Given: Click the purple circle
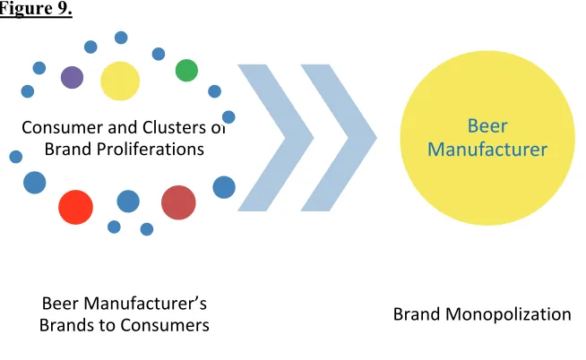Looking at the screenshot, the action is [72, 77].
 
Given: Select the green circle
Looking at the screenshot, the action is [186, 70].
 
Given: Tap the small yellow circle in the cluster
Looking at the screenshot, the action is [120, 81].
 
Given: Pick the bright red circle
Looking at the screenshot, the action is [75, 207].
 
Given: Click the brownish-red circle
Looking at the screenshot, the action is [178, 202].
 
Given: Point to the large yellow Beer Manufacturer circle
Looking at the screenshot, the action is [487, 138].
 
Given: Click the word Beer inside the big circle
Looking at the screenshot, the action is [487, 126].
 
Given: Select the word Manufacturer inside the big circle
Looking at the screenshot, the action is [487, 150].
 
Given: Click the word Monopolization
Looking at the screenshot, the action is [508, 314].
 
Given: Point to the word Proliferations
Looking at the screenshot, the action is [151, 150].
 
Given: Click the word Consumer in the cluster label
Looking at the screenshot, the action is [63, 127].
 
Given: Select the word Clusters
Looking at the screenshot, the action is [175, 127].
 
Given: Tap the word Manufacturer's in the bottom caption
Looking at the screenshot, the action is [145, 304].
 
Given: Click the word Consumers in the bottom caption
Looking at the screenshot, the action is [165, 325].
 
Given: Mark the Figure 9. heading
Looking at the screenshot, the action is [36, 9].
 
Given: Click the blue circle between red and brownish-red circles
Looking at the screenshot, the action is [128, 201].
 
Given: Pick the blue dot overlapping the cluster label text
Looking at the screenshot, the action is [228, 117].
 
